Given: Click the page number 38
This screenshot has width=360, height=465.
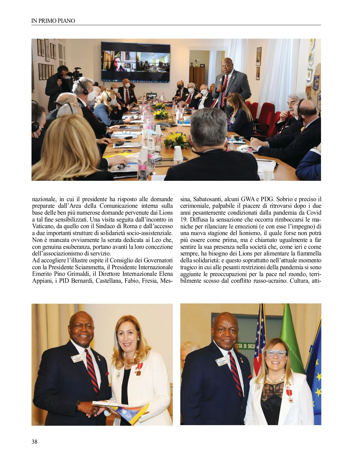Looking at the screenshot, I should point(34,441).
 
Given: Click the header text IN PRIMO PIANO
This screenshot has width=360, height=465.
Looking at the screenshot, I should point(53,21).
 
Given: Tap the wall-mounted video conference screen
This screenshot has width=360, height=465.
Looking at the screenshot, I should point(136,61).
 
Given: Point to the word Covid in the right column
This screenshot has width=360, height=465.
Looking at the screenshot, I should point(313,213).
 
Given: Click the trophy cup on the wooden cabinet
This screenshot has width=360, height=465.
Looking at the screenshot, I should point(196,62).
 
